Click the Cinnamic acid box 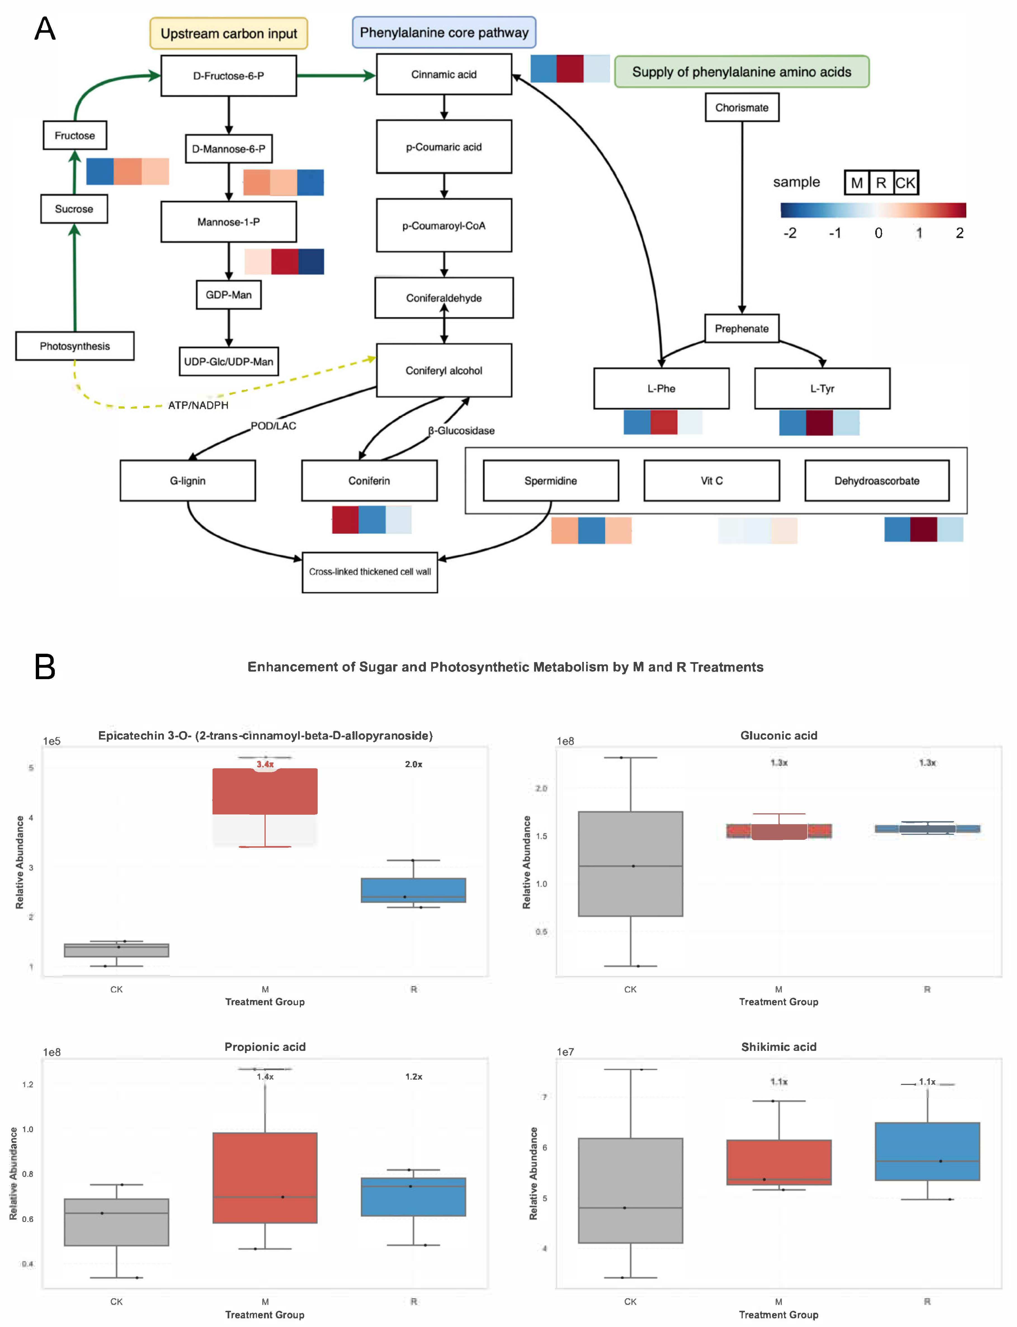[x=444, y=74]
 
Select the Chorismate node [x=742, y=108]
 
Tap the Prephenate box [x=742, y=329]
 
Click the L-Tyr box [x=822, y=388]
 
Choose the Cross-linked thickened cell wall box [x=370, y=572]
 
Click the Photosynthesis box [x=75, y=346]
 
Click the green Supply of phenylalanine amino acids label [x=742, y=72]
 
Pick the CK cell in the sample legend [x=906, y=183]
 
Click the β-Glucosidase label [x=461, y=431]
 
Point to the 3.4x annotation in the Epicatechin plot [x=265, y=764]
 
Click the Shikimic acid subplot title [x=778, y=1047]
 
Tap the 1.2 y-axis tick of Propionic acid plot [x=28, y=1084]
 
